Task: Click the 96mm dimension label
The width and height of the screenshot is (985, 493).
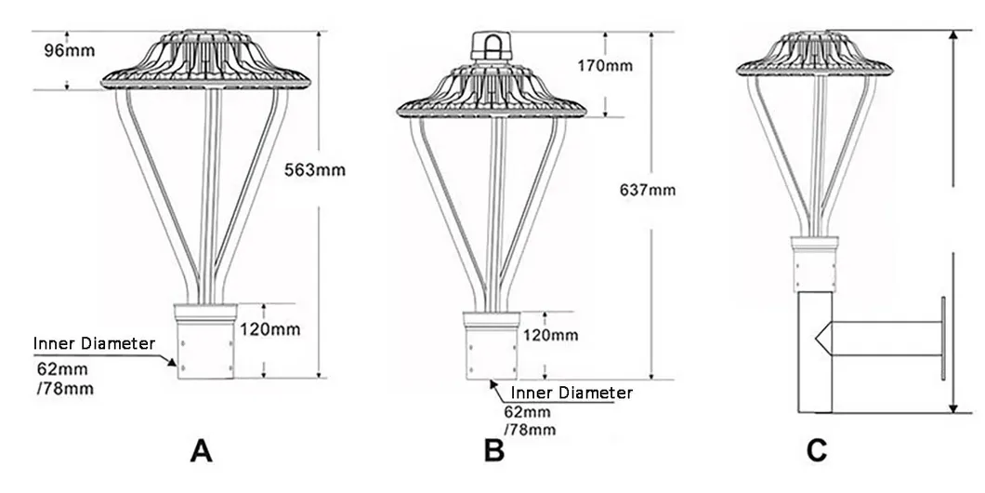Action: [69, 50]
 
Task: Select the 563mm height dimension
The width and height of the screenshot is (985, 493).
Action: [315, 170]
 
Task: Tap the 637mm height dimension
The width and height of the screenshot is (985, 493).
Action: [648, 189]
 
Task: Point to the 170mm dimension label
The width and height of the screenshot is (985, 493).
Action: [606, 65]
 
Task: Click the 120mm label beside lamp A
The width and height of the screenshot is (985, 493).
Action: [269, 329]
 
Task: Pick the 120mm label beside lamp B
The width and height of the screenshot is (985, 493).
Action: [550, 335]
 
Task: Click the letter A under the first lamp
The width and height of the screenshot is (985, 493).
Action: [201, 451]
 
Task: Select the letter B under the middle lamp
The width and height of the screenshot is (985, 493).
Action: [494, 451]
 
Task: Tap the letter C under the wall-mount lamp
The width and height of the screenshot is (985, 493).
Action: [817, 451]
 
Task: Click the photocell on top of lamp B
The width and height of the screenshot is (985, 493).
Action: [492, 47]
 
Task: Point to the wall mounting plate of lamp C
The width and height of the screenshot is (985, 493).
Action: [942, 339]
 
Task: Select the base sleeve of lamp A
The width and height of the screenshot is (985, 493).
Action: [205, 341]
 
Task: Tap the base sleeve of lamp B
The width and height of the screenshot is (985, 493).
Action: [492, 346]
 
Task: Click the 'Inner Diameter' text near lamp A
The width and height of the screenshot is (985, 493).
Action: [94, 343]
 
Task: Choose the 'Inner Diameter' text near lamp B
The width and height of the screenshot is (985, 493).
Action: [571, 393]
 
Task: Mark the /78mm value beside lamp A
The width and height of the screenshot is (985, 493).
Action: [65, 389]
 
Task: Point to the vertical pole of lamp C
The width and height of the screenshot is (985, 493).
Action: [815, 353]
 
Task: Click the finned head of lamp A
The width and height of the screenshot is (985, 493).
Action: [205, 60]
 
